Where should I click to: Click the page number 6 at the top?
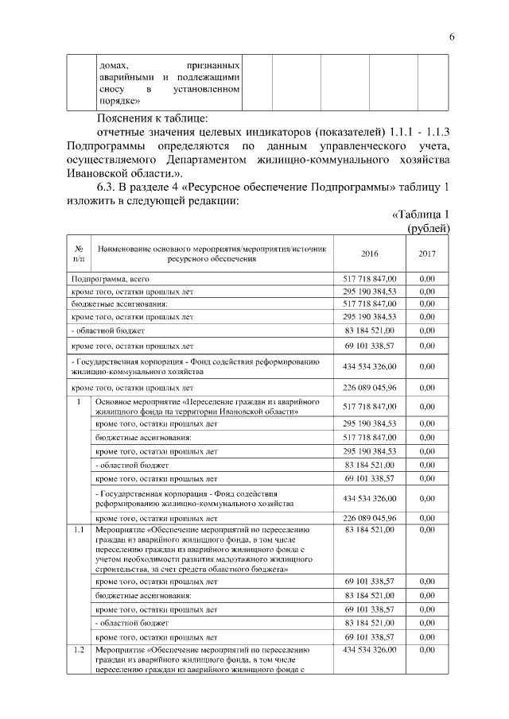click(451, 37)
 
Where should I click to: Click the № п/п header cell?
click(79, 253)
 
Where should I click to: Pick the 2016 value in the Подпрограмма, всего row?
click(370, 279)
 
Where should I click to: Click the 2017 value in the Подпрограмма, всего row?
click(427, 279)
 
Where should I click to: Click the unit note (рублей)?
click(429, 228)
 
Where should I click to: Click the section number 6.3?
click(108, 187)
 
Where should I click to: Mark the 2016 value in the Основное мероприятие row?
click(370, 407)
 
